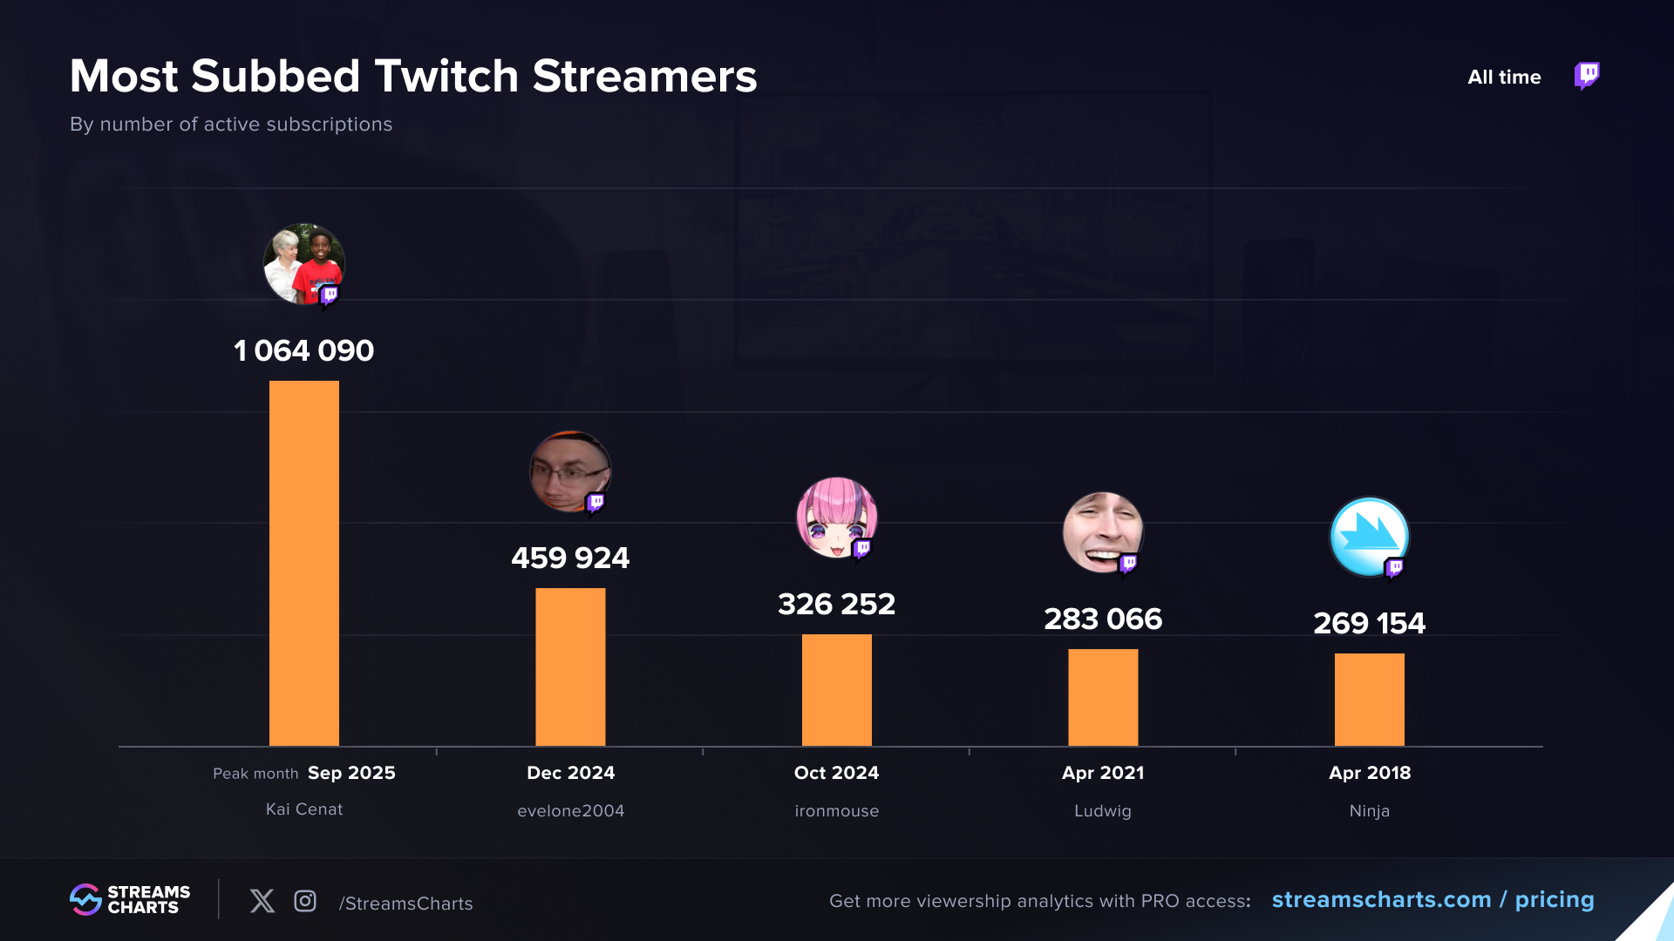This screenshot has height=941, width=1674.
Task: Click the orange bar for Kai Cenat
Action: (303, 563)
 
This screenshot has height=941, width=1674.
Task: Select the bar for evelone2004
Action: (570, 667)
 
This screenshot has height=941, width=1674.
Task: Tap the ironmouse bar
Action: (836, 689)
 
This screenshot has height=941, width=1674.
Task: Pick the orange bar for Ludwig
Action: (1103, 697)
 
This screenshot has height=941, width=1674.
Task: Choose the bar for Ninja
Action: (1369, 699)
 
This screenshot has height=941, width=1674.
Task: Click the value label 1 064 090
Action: (303, 350)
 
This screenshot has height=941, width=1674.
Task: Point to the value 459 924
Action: (570, 558)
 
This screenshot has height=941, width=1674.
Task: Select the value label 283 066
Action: (1103, 619)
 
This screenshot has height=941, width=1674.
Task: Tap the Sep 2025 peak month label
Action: (351, 773)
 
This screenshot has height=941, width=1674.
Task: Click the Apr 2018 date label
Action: (1369, 773)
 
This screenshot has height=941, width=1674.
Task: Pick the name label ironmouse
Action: (836, 811)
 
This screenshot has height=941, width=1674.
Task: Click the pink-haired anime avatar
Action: (836, 518)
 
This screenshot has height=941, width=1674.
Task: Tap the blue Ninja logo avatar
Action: (1369, 537)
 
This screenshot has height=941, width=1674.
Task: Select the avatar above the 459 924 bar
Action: (570, 471)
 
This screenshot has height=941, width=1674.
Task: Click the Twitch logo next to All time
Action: (1587, 76)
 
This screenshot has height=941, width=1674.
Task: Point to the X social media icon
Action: (262, 901)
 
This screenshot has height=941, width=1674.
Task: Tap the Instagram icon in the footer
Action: (305, 901)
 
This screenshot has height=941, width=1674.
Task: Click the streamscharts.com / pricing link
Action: (1432, 900)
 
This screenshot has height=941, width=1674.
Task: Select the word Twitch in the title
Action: (446, 76)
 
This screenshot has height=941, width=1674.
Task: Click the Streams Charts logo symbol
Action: (85, 900)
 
